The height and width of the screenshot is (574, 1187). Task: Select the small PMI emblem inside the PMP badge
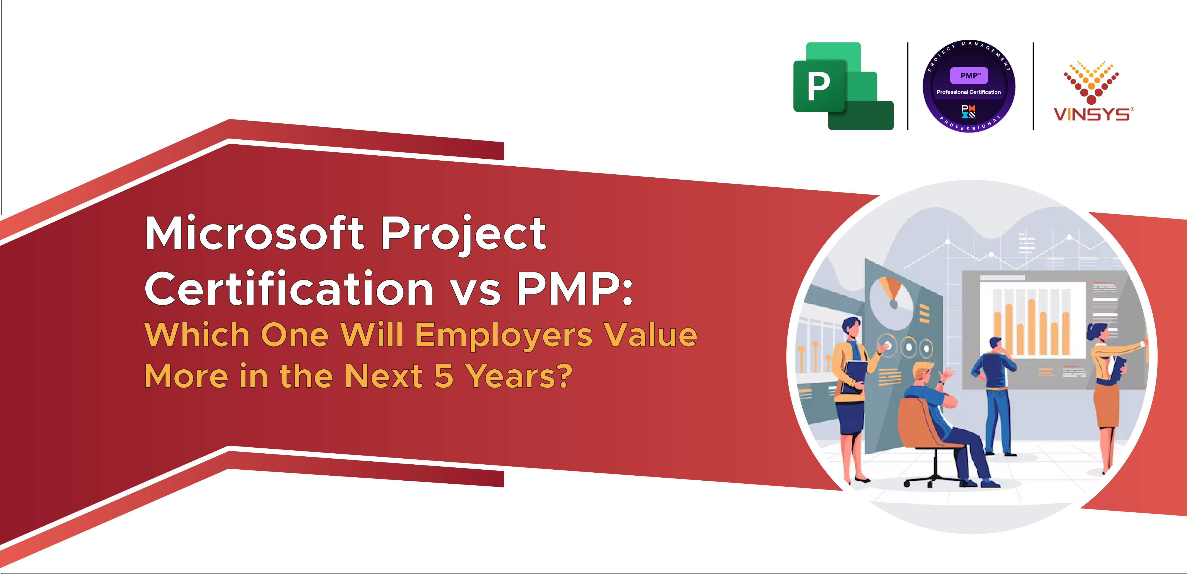(x=968, y=111)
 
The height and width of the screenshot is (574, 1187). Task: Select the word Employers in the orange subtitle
(x=504, y=335)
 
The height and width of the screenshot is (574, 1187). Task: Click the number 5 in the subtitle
(x=444, y=376)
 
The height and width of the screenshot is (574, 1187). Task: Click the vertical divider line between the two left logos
(x=908, y=86)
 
